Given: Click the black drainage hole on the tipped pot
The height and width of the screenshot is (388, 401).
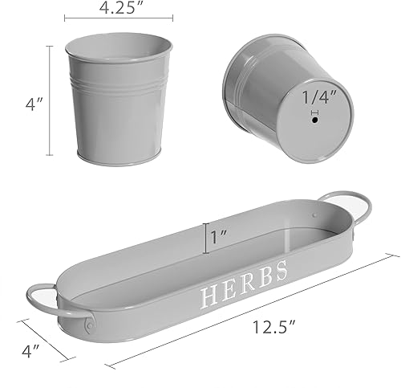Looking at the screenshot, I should click(314, 120).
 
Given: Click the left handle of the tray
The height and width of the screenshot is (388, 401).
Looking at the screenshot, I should click(55, 301).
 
